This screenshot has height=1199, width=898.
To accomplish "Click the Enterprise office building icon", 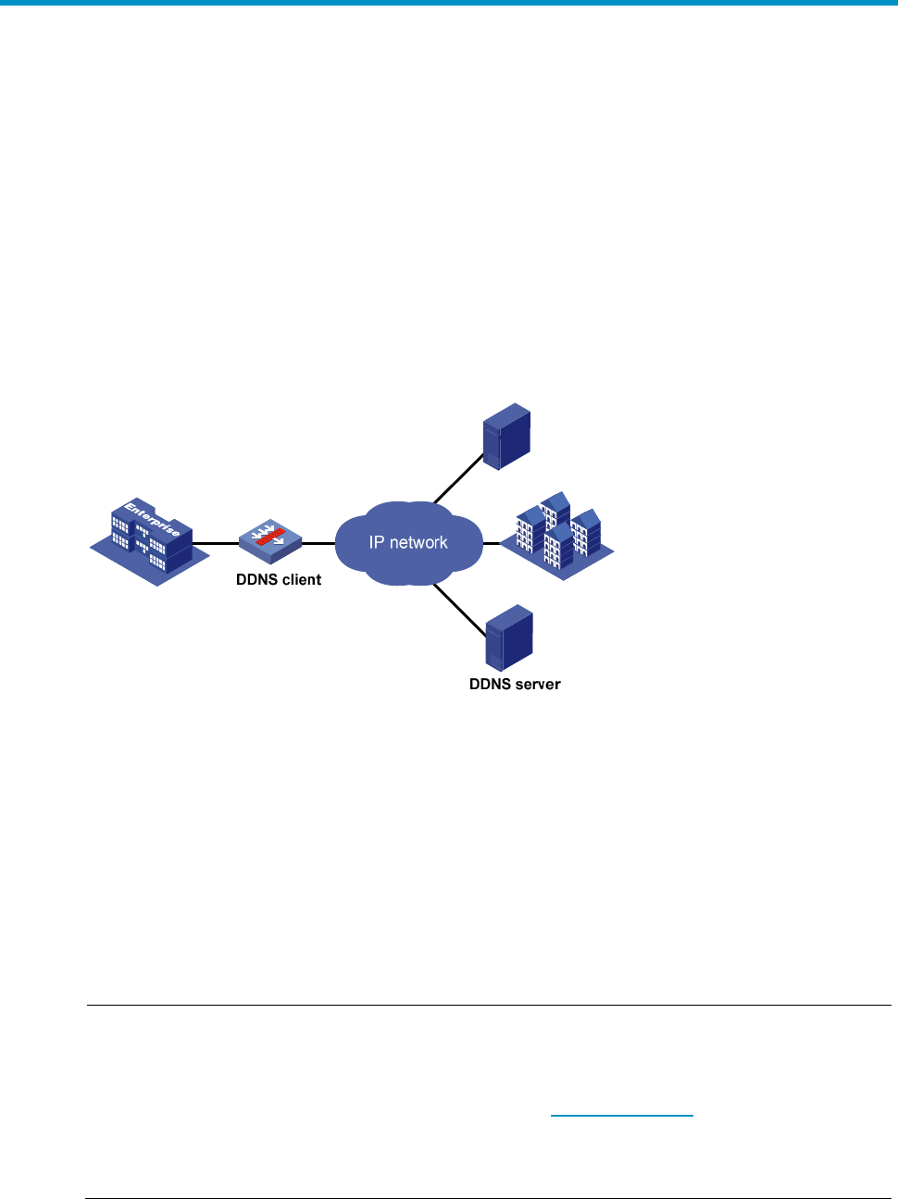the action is [x=149, y=541].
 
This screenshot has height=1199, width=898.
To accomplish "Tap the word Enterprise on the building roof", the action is [x=153, y=519].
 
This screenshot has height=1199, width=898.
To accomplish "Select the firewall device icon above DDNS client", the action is [x=270, y=541].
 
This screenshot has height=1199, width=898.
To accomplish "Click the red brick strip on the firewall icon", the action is [x=270, y=537].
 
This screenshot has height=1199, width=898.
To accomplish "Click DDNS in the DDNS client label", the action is [x=256, y=579].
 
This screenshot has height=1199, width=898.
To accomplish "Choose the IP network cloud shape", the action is [x=409, y=543].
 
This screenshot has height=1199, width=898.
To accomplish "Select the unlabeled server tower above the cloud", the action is [x=506, y=437].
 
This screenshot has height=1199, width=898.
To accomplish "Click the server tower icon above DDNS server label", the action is [x=509, y=638].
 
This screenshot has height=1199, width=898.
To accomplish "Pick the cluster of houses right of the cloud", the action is [x=557, y=536].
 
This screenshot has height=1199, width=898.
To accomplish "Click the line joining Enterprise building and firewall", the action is [x=216, y=543].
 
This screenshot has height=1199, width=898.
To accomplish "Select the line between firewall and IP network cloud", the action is [x=318, y=543].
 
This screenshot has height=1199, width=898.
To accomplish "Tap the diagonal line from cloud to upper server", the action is [x=458, y=478].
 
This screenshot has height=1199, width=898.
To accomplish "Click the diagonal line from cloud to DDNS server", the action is [x=460, y=611].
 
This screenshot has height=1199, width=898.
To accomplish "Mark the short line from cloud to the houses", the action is [x=492, y=543].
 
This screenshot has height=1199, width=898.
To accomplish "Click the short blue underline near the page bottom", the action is [x=622, y=1116].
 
